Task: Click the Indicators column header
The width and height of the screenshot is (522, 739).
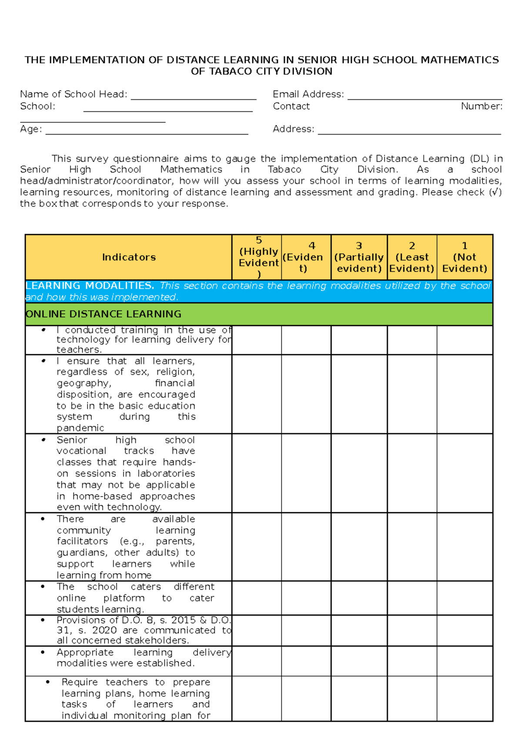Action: point(129,257)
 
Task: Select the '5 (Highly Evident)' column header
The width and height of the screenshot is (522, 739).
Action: point(258,257)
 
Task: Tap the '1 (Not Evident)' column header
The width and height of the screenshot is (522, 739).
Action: point(465,257)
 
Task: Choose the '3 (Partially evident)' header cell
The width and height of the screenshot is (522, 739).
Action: point(359,257)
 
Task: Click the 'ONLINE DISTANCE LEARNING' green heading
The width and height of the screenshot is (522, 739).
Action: point(104,314)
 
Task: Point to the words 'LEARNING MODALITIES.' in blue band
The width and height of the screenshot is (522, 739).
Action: point(90,286)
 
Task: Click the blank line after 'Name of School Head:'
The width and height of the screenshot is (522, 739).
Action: point(194,97)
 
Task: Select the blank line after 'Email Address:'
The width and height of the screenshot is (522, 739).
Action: point(425,97)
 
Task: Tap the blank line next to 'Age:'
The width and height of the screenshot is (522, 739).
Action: point(147,131)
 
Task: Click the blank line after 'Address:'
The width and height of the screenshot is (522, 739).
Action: point(409,131)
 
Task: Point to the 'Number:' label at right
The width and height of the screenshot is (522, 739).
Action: point(482,106)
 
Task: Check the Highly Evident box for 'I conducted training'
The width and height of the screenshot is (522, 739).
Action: point(257,340)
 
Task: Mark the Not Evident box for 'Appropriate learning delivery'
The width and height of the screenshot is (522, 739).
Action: point(465,661)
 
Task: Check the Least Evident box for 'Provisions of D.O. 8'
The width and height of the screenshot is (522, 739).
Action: point(412,630)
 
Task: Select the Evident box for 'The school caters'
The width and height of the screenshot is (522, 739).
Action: point(306,598)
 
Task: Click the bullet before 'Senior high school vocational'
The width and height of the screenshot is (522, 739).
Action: point(43,440)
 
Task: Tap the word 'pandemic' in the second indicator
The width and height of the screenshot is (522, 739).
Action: point(80,428)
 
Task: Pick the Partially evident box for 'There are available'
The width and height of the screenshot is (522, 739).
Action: point(359,547)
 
